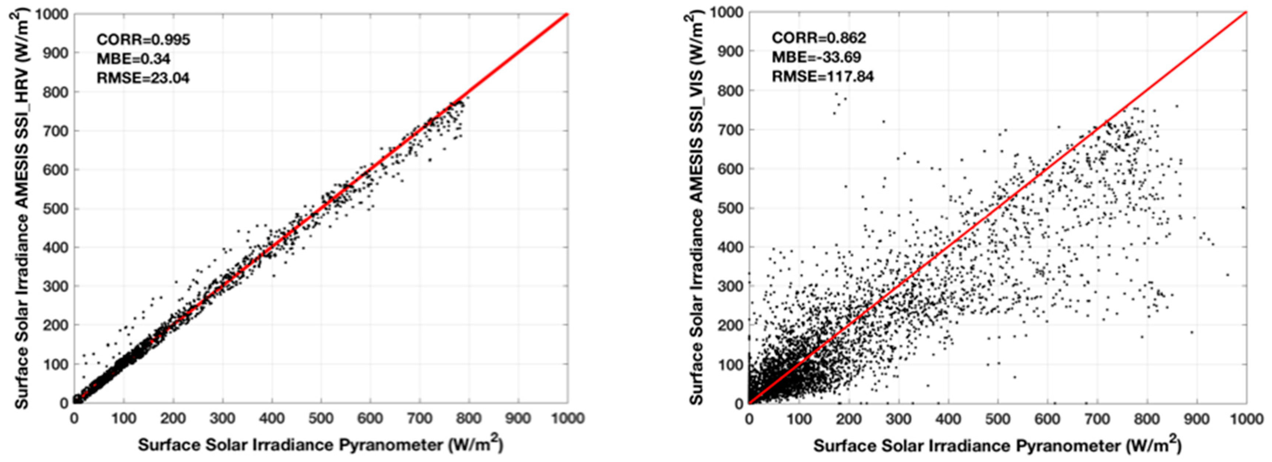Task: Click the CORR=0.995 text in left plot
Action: click(143, 39)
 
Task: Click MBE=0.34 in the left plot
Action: click(133, 59)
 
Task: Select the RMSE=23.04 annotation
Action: click(143, 78)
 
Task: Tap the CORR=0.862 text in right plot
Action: click(819, 38)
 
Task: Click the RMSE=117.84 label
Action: click(823, 76)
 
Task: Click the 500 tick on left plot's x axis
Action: click(321, 419)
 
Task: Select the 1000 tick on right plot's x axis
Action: click(1246, 419)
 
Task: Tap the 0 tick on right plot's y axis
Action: click(738, 403)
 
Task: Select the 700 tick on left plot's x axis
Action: click(420, 419)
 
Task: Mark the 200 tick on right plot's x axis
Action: click(849, 419)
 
